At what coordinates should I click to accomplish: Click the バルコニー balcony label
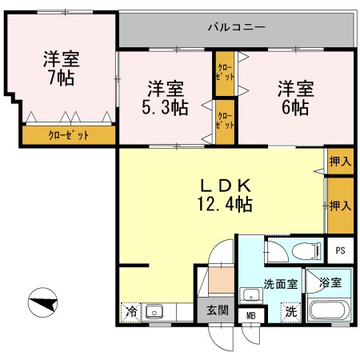pyautogui.click(x=236, y=27)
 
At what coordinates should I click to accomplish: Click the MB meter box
pyautogui.click(x=250, y=316)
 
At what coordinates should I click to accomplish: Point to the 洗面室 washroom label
pyautogui.click(x=281, y=282)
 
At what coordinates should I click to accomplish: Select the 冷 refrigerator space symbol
pyautogui.click(x=130, y=311)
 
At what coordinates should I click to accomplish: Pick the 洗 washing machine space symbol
pyautogui.click(x=293, y=312)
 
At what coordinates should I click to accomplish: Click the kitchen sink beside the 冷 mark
pyautogui.click(x=155, y=311)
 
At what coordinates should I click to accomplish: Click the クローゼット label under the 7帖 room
pyautogui.click(x=69, y=135)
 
